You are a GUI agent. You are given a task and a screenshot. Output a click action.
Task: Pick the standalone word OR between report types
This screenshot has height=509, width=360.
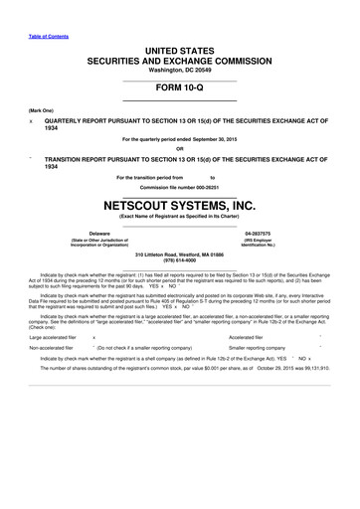180,150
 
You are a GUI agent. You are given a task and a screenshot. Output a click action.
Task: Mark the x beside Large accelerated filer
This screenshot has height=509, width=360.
92,336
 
